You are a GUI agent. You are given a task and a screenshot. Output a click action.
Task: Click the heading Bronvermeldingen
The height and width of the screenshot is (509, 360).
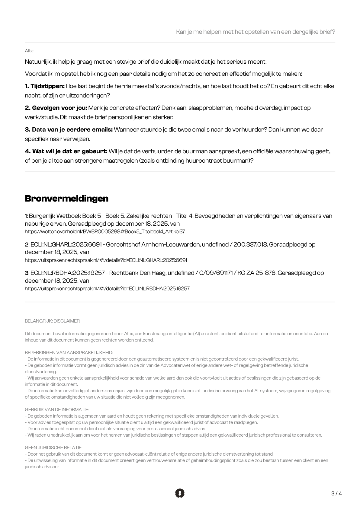(x=66, y=199)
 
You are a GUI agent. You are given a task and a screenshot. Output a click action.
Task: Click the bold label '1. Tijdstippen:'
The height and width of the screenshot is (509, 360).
(x=45, y=86)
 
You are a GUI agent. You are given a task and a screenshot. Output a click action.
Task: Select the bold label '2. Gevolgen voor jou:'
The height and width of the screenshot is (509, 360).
(x=56, y=108)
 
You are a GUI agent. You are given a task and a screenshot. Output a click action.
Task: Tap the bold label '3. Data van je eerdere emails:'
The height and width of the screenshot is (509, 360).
(x=69, y=130)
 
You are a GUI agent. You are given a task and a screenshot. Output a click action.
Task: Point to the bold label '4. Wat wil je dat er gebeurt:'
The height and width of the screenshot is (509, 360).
(x=66, y=151)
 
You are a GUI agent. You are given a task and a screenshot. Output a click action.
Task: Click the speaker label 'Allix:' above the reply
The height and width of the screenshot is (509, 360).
(x=29, y=51)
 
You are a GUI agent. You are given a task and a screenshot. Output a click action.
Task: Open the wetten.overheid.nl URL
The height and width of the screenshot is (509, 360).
(x=105, y=232)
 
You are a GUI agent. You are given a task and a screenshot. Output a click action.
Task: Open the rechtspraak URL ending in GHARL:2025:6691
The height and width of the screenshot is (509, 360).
(x=106, y=260)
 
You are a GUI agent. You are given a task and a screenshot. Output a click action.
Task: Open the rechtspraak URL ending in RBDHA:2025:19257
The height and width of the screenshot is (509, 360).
(x=107, y=288)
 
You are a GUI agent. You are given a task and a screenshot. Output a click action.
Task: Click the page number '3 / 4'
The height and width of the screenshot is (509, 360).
(x=336, y=494)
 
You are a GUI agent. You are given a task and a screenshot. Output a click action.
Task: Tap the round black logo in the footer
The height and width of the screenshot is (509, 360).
(x=180, y=493)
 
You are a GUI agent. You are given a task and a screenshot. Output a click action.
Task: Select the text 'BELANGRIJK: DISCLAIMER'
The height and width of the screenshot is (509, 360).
(x=52, y=321)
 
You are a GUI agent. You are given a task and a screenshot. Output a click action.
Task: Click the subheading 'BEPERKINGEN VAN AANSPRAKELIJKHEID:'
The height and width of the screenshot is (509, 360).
(x=69, y=353)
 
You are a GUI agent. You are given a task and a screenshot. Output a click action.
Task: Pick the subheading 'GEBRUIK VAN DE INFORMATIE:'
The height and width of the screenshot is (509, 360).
(x=57, y=410)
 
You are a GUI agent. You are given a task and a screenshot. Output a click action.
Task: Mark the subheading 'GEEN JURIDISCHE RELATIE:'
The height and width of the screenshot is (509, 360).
(x=53, y=448)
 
